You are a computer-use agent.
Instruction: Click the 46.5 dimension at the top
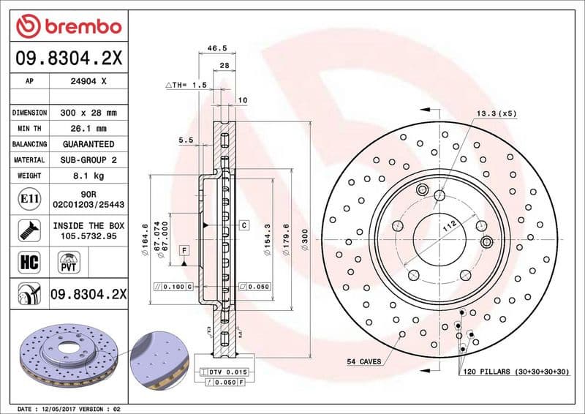tap(216, 48)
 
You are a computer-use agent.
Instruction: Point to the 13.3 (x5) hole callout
tap(497, 113)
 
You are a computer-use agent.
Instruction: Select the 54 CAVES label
tap(364, 361)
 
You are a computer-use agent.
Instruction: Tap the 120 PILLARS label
tap(516, 372)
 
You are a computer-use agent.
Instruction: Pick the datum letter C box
tap(243, 225)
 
